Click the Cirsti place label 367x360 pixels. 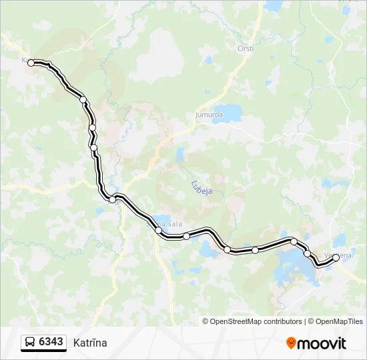tap(246, 48)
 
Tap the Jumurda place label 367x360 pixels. tap(208, 115)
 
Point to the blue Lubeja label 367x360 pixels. tap(201, 187)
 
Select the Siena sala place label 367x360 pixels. tap(164, 224)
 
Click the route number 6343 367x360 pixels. tap(51, 342)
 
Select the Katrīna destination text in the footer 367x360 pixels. tap(89, 343)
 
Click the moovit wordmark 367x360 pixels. tap(321, 343)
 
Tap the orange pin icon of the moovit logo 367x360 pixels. tap(291, 343)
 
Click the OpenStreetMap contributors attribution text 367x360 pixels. tap(256, 321)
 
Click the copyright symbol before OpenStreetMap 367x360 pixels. tap(206, 321)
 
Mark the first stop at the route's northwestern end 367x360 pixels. tap(31, 63)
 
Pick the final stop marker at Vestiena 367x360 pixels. tap(336, 257)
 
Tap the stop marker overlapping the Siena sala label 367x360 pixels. tap(158, 230)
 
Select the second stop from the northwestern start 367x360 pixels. tap(83, 100)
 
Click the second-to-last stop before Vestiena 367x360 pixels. tap(307, 253)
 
